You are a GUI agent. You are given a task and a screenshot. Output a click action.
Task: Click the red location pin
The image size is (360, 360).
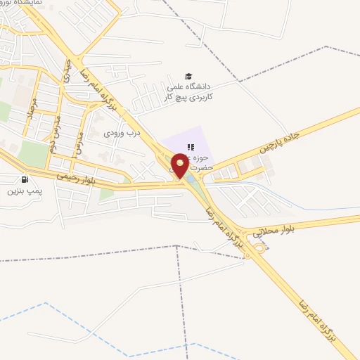(179, 167)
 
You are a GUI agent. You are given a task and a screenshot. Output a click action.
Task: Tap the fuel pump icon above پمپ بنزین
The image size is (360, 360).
(26, 180)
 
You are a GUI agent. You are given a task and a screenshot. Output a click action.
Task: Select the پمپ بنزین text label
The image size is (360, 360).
(25, 191)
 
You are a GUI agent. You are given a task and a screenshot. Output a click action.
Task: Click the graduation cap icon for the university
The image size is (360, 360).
(188, 76)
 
